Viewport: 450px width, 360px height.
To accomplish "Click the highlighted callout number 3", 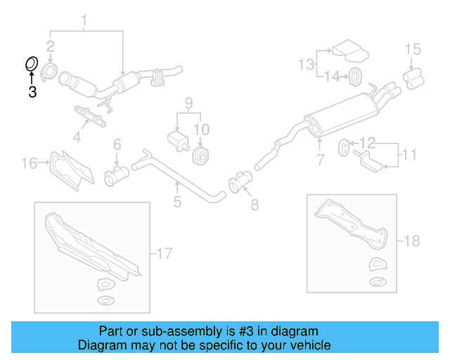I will (32, 91).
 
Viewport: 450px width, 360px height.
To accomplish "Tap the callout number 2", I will (51, 47).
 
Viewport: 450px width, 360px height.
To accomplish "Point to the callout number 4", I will (77, 138).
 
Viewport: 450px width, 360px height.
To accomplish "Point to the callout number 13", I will (305, 65).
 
